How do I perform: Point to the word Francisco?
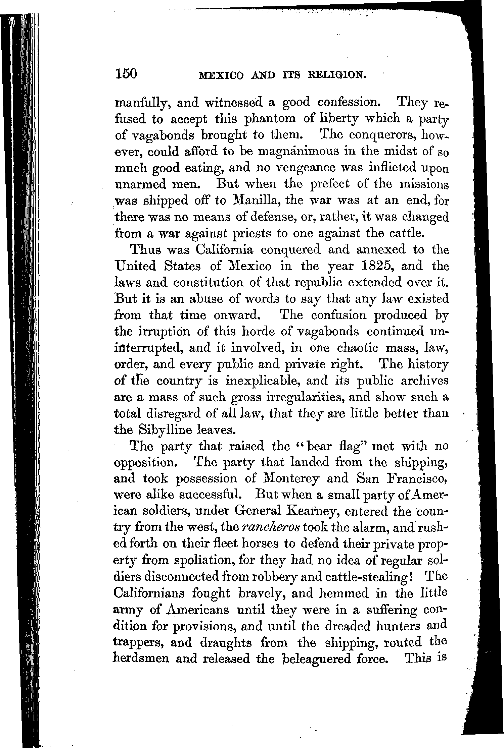click(x=417, y=479)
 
